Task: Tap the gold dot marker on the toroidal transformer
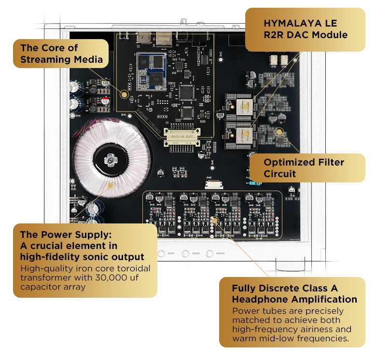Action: pos(110,184)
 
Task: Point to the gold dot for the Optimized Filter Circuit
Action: pos(279,131)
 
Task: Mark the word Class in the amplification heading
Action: pos(311,289)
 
